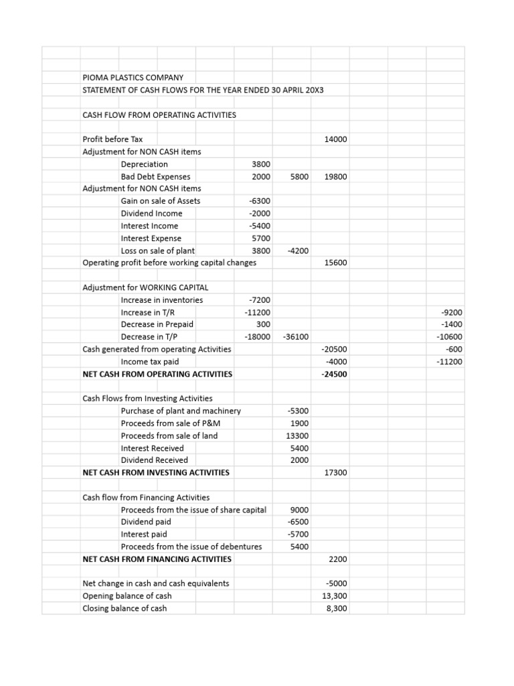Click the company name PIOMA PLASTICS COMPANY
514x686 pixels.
click(x=133, y=78)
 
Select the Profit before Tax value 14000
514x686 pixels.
click(x=335, y=139)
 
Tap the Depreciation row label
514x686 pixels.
click(x=144, y=164)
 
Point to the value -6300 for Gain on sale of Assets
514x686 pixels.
click(x=259, y=201)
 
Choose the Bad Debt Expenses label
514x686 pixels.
click(x=155, y=177)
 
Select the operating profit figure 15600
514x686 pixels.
click(x=335, y=263)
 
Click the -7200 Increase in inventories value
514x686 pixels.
click(x=259, y=300)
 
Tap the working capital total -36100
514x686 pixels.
click(x=295, y=337)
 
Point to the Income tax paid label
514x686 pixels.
click(x=149, y=362)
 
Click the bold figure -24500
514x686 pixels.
click(x=335, y=374)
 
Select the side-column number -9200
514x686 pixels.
click(x=452, y=312)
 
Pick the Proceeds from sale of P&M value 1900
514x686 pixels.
click(x=298, y=423)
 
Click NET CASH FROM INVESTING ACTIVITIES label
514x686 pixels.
click(x=155, y=472)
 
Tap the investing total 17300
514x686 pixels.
click(x=335, y=473)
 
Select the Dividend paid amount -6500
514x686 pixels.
click(x=297, y=522)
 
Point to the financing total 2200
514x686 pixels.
click(x=338, y=559)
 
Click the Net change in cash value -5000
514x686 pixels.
click(x=335, y=584)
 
